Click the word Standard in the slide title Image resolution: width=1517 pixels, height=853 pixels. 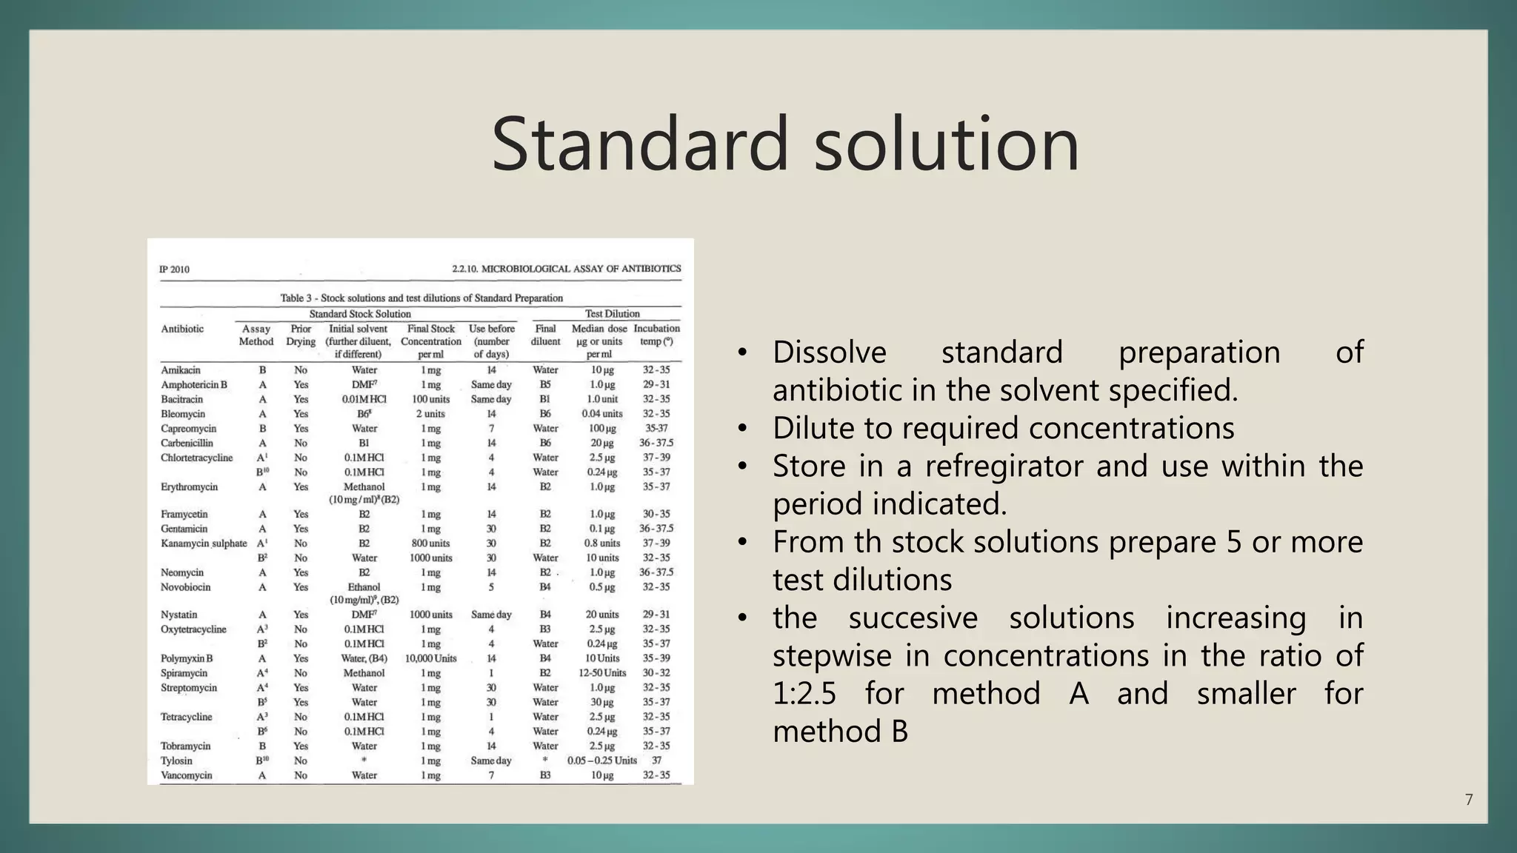[639, 144]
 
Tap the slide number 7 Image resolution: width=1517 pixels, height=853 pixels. [1469, 800]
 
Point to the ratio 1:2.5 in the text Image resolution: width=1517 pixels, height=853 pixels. [804, 694]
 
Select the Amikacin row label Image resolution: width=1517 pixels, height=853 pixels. [181, 370]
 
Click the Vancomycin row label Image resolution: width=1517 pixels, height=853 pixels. [187, 775]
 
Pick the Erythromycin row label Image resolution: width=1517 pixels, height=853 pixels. [190, 487]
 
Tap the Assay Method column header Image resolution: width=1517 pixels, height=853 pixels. [256, 335]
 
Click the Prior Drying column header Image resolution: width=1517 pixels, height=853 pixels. [301, 335]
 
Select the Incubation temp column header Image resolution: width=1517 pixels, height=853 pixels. [656, 335]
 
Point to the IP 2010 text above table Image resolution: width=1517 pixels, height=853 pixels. [174, 270]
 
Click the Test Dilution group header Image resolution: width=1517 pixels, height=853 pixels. [612, 314]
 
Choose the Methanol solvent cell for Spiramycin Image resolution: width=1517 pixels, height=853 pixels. [364, 673]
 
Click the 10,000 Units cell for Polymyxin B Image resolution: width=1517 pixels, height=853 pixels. [430, 658]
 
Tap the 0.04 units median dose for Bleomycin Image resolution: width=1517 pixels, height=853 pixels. [601, 414]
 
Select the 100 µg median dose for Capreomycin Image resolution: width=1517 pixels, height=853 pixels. [601, 429]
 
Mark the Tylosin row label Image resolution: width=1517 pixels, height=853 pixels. [176, 760]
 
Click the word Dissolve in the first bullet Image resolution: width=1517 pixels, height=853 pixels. [829, 352]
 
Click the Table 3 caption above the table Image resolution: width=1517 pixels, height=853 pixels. [421, 298]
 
